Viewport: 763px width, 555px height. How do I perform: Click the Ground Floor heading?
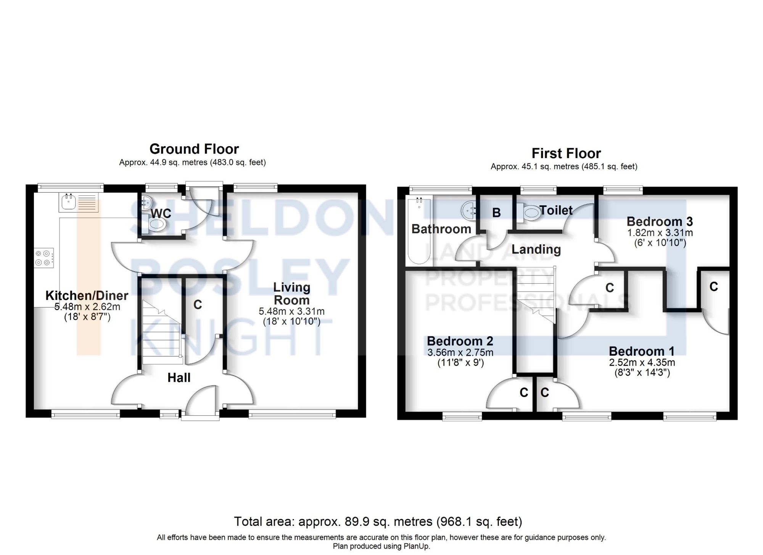194,148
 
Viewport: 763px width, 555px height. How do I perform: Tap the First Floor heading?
566,153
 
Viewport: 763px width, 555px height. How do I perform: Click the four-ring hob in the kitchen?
43,258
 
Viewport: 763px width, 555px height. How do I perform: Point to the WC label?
161,213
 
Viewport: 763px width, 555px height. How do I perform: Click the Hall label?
179,378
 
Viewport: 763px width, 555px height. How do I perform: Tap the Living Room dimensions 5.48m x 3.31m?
291,311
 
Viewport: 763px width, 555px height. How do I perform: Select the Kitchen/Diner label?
87,295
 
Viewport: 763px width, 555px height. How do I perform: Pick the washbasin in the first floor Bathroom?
468,210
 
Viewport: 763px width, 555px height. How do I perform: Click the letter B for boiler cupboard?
496,213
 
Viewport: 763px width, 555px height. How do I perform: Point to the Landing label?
536,249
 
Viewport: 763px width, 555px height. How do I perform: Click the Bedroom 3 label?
659,221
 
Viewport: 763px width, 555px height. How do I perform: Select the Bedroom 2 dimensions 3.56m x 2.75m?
460,352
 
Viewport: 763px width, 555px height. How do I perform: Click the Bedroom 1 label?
641,351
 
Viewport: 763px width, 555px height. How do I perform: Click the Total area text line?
378,521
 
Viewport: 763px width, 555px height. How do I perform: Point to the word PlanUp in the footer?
415,546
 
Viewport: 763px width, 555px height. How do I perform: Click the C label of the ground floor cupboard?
197,304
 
